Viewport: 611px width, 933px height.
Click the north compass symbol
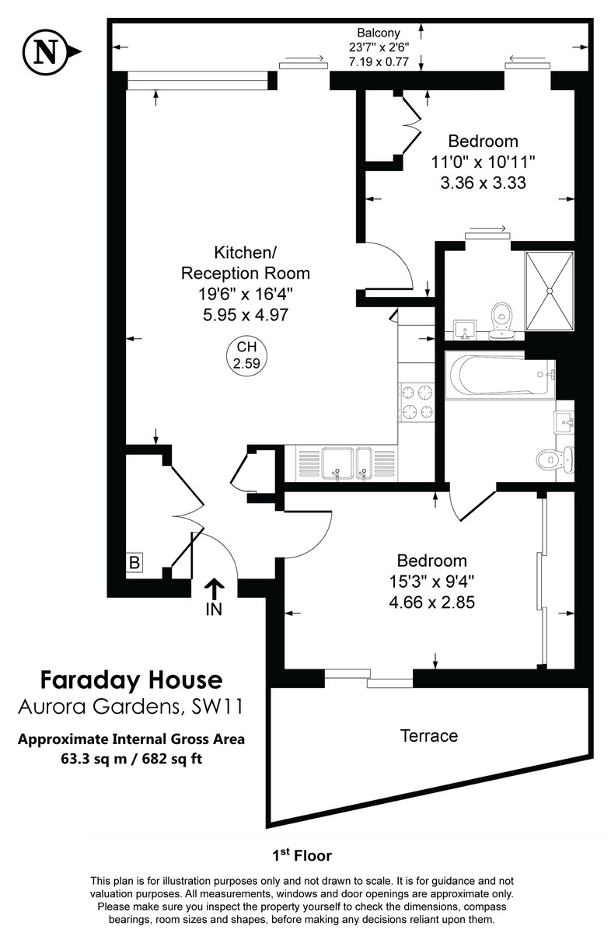[47, 52]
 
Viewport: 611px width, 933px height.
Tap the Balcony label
[379, 33]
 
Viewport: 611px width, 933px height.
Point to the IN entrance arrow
[214, 596]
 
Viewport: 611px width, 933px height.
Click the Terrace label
[428, 735]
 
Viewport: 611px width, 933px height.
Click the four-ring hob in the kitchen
[417, 402]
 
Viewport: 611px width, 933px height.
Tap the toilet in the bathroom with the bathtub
[554, 458]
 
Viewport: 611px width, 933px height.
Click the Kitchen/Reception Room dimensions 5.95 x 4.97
[246, 316]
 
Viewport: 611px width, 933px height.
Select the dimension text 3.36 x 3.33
[483, 183]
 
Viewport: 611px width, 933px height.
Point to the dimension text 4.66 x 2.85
[431, 602]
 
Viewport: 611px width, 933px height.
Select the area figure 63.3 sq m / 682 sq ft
[131, 758]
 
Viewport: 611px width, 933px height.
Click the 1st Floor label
[302, 856]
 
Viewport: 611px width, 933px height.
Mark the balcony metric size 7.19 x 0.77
[379, 61]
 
